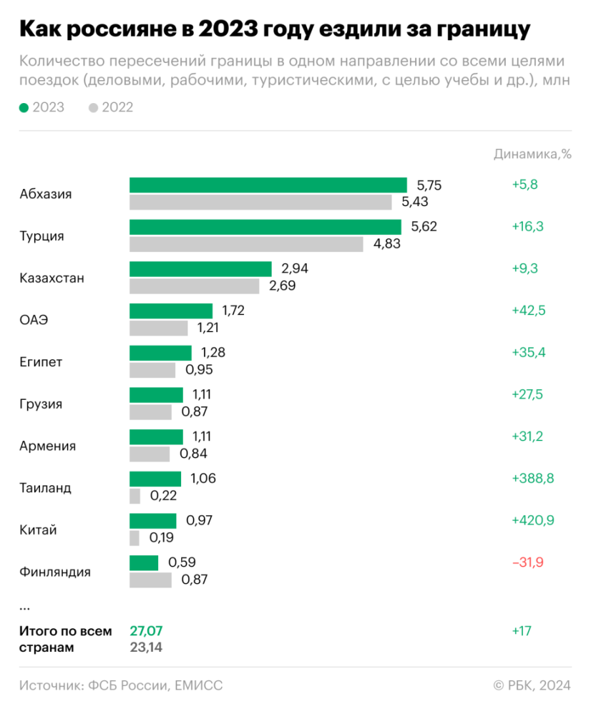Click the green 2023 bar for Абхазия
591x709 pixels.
(268, 185)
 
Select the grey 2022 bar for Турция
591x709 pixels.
(246, 244)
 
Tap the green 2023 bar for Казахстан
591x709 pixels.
(200, 269)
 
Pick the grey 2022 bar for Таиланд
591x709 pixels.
(134, 496)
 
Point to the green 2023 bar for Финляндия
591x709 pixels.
(144, 563)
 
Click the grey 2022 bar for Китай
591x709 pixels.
(134, 538)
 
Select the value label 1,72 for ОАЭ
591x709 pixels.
(234, 311)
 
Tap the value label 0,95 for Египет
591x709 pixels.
(199, 370)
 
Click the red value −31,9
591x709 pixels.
(527, 563)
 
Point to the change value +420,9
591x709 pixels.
(533, 521)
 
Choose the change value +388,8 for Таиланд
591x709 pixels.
(533, 479)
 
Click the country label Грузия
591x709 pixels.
(41, 404)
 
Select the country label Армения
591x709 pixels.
(48, 446)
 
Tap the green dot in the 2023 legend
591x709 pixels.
(24, 108)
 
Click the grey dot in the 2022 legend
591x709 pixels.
(93, 108)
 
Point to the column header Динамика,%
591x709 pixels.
(532, 154)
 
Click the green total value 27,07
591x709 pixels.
(146, 631)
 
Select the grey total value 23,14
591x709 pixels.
(146, 647)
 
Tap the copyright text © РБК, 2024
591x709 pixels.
(531, 685)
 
